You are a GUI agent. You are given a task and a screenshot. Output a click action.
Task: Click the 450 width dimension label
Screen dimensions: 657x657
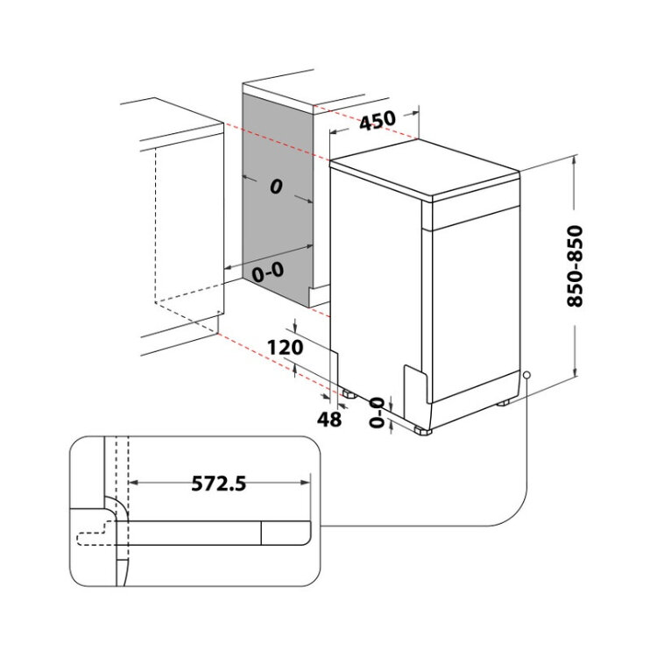pyautogui.click(x=378, y=120)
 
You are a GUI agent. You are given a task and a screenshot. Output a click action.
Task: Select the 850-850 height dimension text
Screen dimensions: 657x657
pyautogui.click(x=575, y=266)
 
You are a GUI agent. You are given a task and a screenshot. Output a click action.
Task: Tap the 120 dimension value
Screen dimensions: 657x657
pyautogui.click(x=285, y=348)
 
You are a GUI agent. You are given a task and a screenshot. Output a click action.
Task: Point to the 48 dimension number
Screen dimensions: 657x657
pyautogui.click(x=329, y=419)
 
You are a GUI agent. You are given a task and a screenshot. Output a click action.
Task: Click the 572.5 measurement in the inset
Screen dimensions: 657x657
pyautogui.click(x=219, y=483)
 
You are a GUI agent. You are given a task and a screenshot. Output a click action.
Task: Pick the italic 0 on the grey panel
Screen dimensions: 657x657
pyautogui.click(x=276, y=187)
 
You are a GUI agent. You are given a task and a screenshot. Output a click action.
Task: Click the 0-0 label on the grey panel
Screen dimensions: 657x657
pyautogui.click(x=268, y=272)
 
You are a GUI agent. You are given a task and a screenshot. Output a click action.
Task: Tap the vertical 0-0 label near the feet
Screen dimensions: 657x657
pyautogui.click(x=377, y=413)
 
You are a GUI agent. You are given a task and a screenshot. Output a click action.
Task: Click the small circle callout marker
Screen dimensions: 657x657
pyautogui.click(x=526, y=375)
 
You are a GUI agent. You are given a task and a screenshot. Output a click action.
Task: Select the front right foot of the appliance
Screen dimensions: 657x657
pyautogui.click(x=423, y=430)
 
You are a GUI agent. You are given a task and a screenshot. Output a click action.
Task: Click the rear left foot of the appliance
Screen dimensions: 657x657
pyautogui.click(x=349, y=394)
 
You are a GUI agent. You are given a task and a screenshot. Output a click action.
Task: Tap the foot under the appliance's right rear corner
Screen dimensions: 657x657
pyautogui.click(x=503, y=403)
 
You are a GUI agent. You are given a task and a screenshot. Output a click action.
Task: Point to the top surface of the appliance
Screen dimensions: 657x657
pyautogui.click(x=425, y=170)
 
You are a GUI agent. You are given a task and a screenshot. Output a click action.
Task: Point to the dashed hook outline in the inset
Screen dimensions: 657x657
pyautogui.click(x=95, y=533)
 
